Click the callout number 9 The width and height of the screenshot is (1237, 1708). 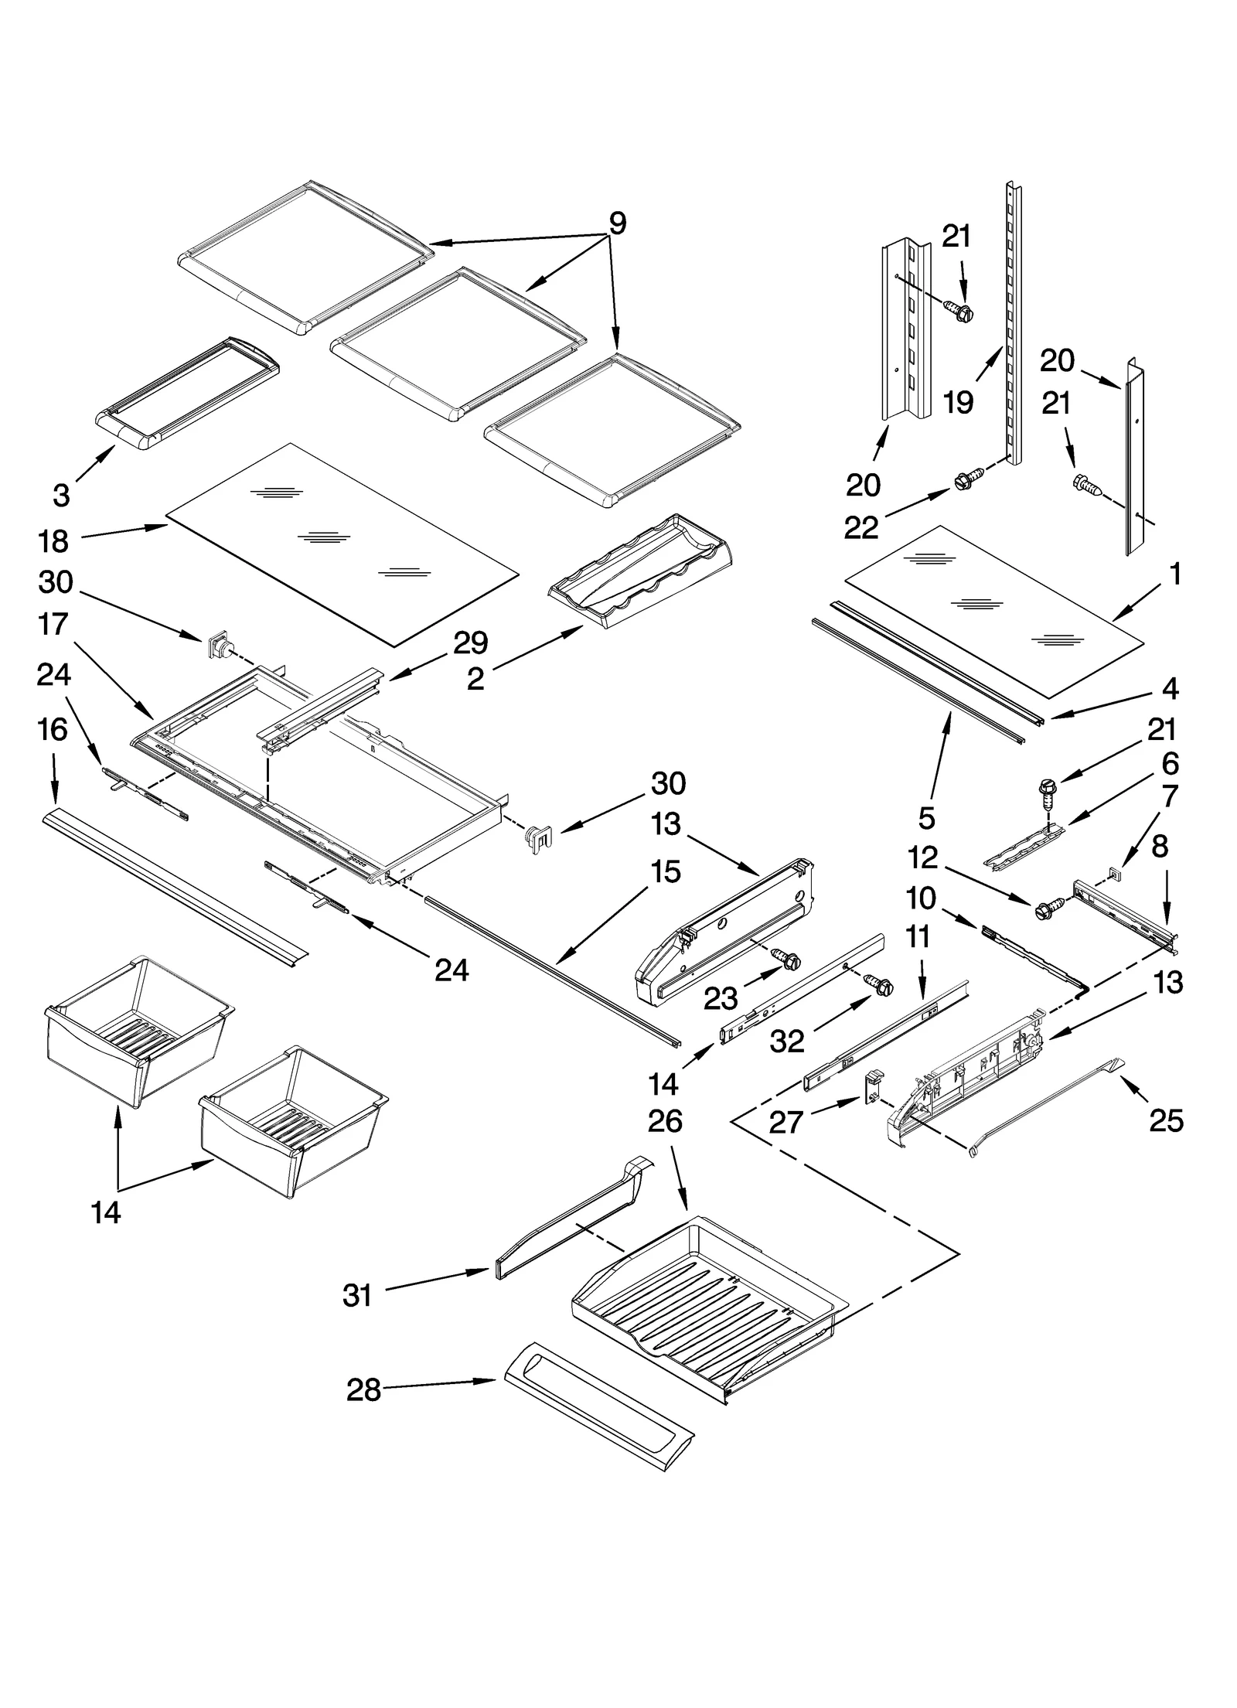coord(617,223)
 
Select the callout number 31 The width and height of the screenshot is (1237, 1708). coord(357,1294)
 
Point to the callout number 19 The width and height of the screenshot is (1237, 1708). coord(958,401)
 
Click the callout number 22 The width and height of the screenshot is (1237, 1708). coord(861,527)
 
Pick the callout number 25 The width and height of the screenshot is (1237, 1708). coord(1166,1120)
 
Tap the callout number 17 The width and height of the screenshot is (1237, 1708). coord(53,624)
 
